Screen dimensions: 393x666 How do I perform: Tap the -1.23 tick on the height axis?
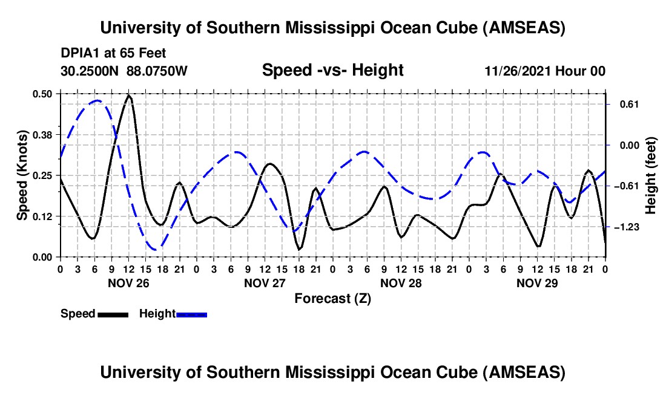624,227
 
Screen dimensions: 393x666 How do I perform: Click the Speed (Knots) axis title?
22,175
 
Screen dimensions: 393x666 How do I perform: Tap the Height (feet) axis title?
651,175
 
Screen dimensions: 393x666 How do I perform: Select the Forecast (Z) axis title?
332,298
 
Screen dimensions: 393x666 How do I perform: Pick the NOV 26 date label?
128,283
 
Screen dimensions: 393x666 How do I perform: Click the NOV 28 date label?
401,283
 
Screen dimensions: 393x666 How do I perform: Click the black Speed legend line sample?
113,314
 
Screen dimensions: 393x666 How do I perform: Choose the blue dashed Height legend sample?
191,314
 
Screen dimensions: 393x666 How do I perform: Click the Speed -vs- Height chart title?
332,71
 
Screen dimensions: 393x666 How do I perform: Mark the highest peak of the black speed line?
128,96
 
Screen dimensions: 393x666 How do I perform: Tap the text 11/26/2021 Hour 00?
545,71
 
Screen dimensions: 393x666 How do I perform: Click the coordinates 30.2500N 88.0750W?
124,71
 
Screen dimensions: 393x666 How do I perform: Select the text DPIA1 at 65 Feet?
113,54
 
